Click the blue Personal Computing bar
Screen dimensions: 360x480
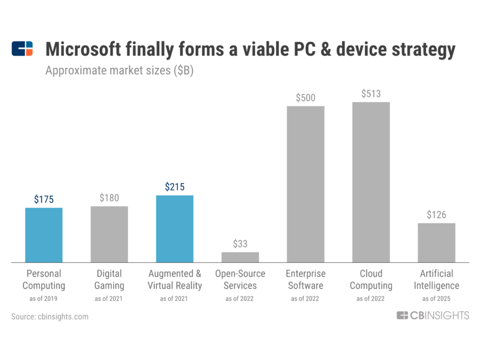click(x=44, y=235)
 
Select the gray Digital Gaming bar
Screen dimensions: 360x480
click(x=109, y=234)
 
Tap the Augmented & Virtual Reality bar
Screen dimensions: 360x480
click(x=175, y=229)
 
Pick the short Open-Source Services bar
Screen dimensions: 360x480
click(x=240, y=257)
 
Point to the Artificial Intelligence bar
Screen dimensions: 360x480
click(x=436, y=242)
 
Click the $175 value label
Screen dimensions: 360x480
click(x=44, y=200)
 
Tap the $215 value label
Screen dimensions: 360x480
click(x=175, y=187)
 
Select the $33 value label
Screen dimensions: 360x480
click(x=240, y=244)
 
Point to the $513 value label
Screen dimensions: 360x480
click(x=371, y=94)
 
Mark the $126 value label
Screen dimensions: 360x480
click(x=436, y=215)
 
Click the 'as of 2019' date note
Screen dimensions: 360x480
click(x=44, y=298)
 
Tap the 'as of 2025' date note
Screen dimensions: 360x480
click(x=436, y=298)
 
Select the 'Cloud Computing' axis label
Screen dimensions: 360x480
click(x=371, y=279)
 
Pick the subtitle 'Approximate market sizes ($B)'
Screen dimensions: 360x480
click(x=119, y=71)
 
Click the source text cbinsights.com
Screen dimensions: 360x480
click(x=50, y=316)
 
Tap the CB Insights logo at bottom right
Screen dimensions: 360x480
click(x=433, y=315)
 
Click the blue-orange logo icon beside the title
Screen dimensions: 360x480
click(x=22, y=49)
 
